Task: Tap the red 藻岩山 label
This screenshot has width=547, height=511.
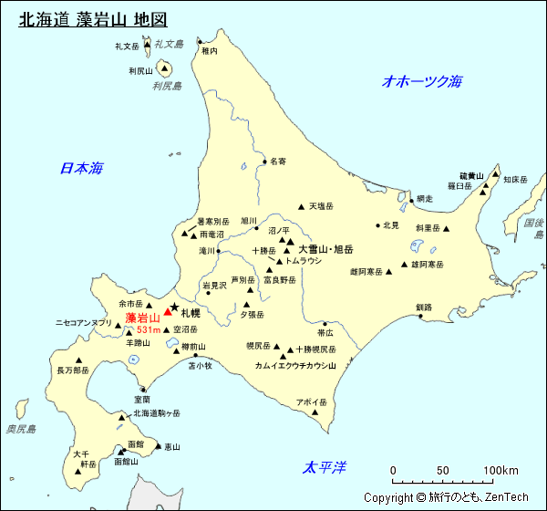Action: [142, 318]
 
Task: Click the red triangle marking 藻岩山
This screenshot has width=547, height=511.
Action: [167, 312]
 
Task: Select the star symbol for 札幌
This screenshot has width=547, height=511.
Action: [174, 307]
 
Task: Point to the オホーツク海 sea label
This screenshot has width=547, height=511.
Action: [422, 81]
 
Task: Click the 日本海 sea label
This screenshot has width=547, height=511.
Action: [81, 168]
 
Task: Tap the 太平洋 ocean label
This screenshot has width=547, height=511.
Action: [325, 467]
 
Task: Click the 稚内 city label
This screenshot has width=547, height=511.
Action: [210, 51]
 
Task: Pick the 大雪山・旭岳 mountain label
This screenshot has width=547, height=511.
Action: [325, 248]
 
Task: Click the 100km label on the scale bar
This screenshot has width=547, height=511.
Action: [501, 471]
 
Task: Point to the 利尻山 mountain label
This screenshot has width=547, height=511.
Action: [140, 70]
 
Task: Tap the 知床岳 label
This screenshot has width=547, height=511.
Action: [516, 180]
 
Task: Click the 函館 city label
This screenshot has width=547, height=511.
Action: [136, 443]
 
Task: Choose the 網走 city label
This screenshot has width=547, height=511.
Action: [425, 199]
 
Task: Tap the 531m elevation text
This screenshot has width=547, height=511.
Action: [149, 329]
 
